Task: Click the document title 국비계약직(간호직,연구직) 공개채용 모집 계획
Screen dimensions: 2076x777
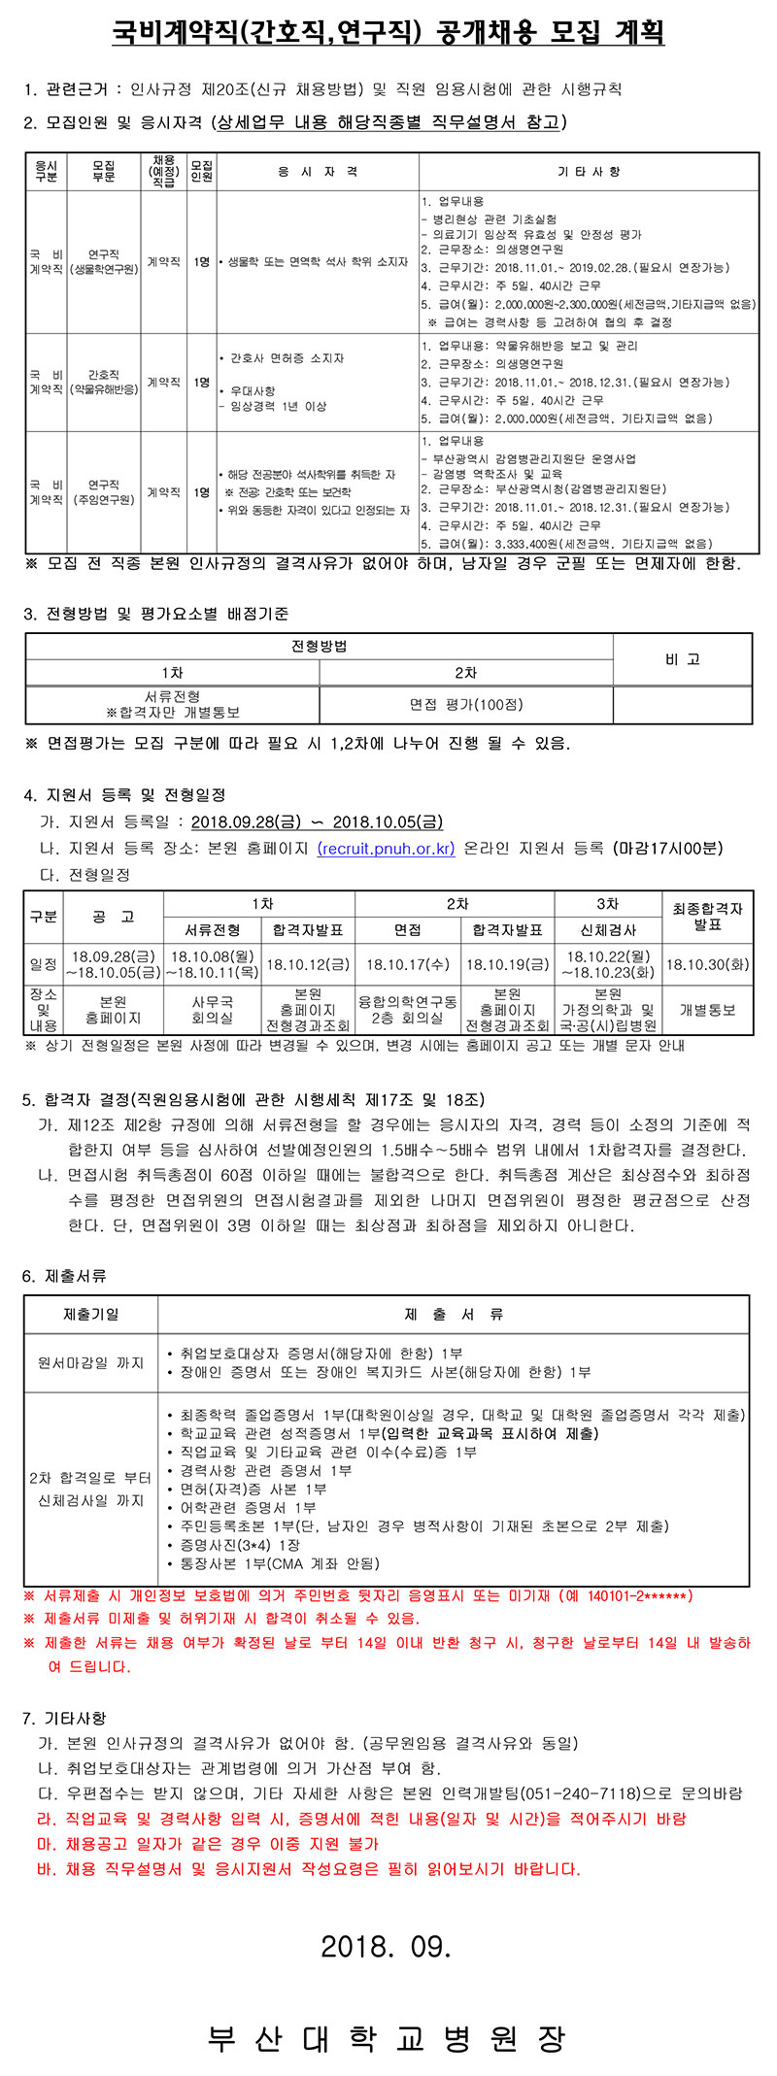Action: tap(388, 33)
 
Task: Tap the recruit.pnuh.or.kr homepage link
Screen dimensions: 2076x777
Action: tap(386, 848)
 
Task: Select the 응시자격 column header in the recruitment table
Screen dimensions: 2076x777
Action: tap(318, 172)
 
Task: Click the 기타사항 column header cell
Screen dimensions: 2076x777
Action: tap(589, 172)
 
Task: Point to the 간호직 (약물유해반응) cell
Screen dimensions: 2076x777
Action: tap(104, 383)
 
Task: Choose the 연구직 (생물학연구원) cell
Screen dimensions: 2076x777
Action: tap(104, 262)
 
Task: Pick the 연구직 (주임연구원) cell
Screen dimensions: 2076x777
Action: tap(104, 492)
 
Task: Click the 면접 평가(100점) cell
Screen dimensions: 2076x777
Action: tap(466, 705)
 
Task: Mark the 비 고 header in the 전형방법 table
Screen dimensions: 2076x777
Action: tap(683, 659)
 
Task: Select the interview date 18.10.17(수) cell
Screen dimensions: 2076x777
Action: tap(408, 965)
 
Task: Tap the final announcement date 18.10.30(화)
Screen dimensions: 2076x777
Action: tap(707, 965)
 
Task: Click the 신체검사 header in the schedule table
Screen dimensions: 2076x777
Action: tap(607, 929)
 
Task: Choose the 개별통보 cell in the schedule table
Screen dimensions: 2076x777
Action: tap(707, 1010)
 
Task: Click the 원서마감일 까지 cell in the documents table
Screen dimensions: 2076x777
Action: tap(91, 1363)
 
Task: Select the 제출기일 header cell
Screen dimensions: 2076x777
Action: tap(91, 1315)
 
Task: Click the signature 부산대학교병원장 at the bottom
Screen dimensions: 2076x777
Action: tap(387, 2037)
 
